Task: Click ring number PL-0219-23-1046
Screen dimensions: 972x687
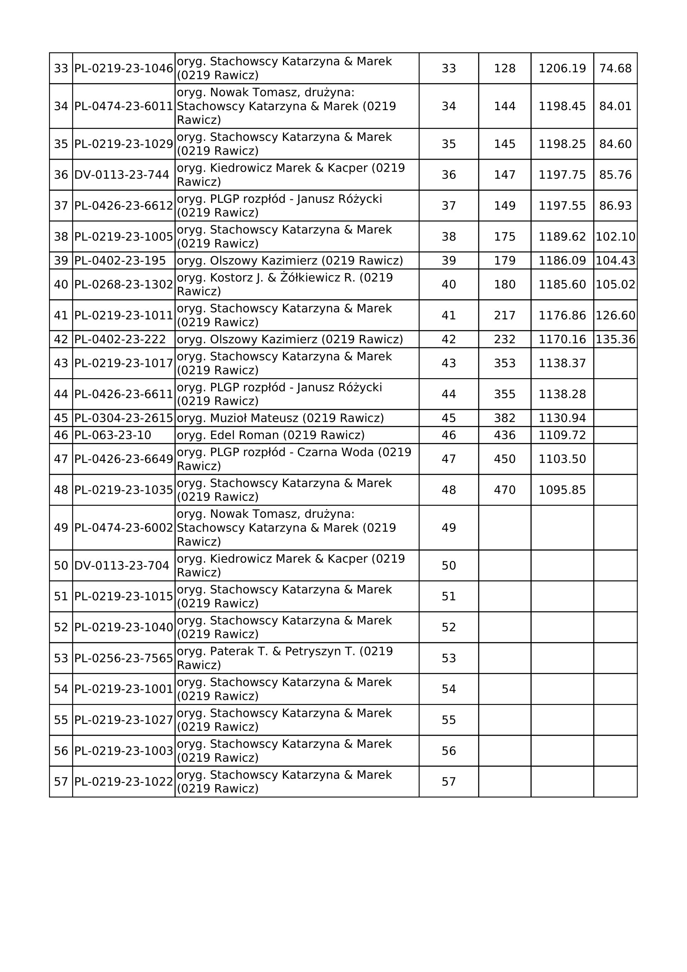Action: pos(123,68)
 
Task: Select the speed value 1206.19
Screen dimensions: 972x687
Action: pos(562,68)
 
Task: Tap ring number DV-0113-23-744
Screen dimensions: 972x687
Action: pos(121,175)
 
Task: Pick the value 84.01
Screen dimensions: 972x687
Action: pos(615,106)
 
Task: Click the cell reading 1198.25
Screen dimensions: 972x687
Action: pos(562,144)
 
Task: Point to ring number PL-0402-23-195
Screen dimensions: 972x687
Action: pos(120,261)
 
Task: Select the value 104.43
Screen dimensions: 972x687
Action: pos(615,261)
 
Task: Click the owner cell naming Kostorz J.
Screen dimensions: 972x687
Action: pos(284,285)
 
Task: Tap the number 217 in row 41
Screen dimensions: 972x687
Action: pos(505,315)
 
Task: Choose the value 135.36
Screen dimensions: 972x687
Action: pos(615,339)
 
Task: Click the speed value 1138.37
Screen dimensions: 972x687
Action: pos(562,363)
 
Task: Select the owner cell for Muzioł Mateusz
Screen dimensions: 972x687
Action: pos(280,418)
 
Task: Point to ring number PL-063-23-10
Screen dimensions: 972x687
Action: pos(113,435)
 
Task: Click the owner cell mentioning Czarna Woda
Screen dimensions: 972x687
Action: pos(294,459)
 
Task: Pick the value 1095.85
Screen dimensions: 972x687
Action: pos(562,490)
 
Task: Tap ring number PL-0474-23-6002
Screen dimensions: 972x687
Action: pos(123,528)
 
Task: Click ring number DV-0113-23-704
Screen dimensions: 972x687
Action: pos(121,566)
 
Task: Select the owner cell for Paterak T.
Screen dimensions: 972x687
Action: pos(284,658)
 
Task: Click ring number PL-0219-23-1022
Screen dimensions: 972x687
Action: pos(123,782)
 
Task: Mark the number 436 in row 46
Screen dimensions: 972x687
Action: pos(505,435)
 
